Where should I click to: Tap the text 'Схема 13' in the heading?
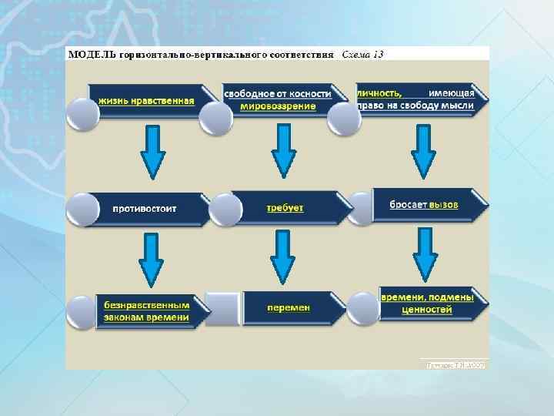click(x=362, y=55)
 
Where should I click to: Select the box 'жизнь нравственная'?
click(x=146, y=100)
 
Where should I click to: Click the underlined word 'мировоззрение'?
click(x=278, y=106)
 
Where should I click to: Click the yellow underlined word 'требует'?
click(x=285, y=208)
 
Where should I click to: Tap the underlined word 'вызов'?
click(x=443, y=205)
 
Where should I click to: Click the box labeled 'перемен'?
click(x=289, y=307)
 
